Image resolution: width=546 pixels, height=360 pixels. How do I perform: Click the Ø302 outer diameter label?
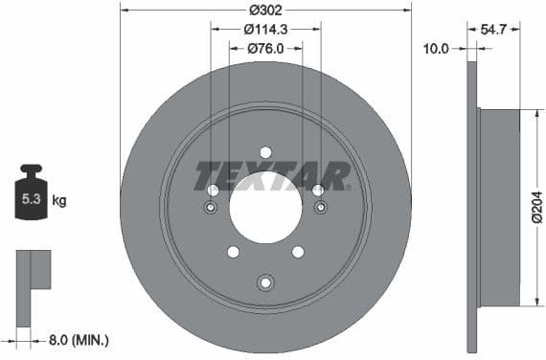click(x=265, y=11)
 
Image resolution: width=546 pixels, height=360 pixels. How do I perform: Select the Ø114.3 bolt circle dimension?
click(x=265, y=30)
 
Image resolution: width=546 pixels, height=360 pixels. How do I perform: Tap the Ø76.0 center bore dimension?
click(x=265, y=48)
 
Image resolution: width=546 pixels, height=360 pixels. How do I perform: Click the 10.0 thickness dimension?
click(x=436, y=48)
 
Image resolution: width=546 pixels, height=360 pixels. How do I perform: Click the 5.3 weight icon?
click(x=30, y=198)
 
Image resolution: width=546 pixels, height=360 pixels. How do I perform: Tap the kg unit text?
click(x=58, y=201)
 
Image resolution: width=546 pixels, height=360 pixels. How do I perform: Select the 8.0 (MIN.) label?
click(x=79, y=339)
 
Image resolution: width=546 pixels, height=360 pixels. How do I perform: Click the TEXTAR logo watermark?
click(x=273, y=176)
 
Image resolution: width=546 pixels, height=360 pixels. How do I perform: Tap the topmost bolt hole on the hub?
click(x=265, y=151)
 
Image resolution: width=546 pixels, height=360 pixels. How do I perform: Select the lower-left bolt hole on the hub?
click(x=233, y=252)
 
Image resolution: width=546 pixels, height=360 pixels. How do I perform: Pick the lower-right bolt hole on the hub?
click(x=298, y=252)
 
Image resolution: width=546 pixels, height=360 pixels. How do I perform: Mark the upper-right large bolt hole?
click(x=318, y=191)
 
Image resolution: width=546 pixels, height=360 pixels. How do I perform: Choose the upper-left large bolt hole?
click(x=213, y=191)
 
